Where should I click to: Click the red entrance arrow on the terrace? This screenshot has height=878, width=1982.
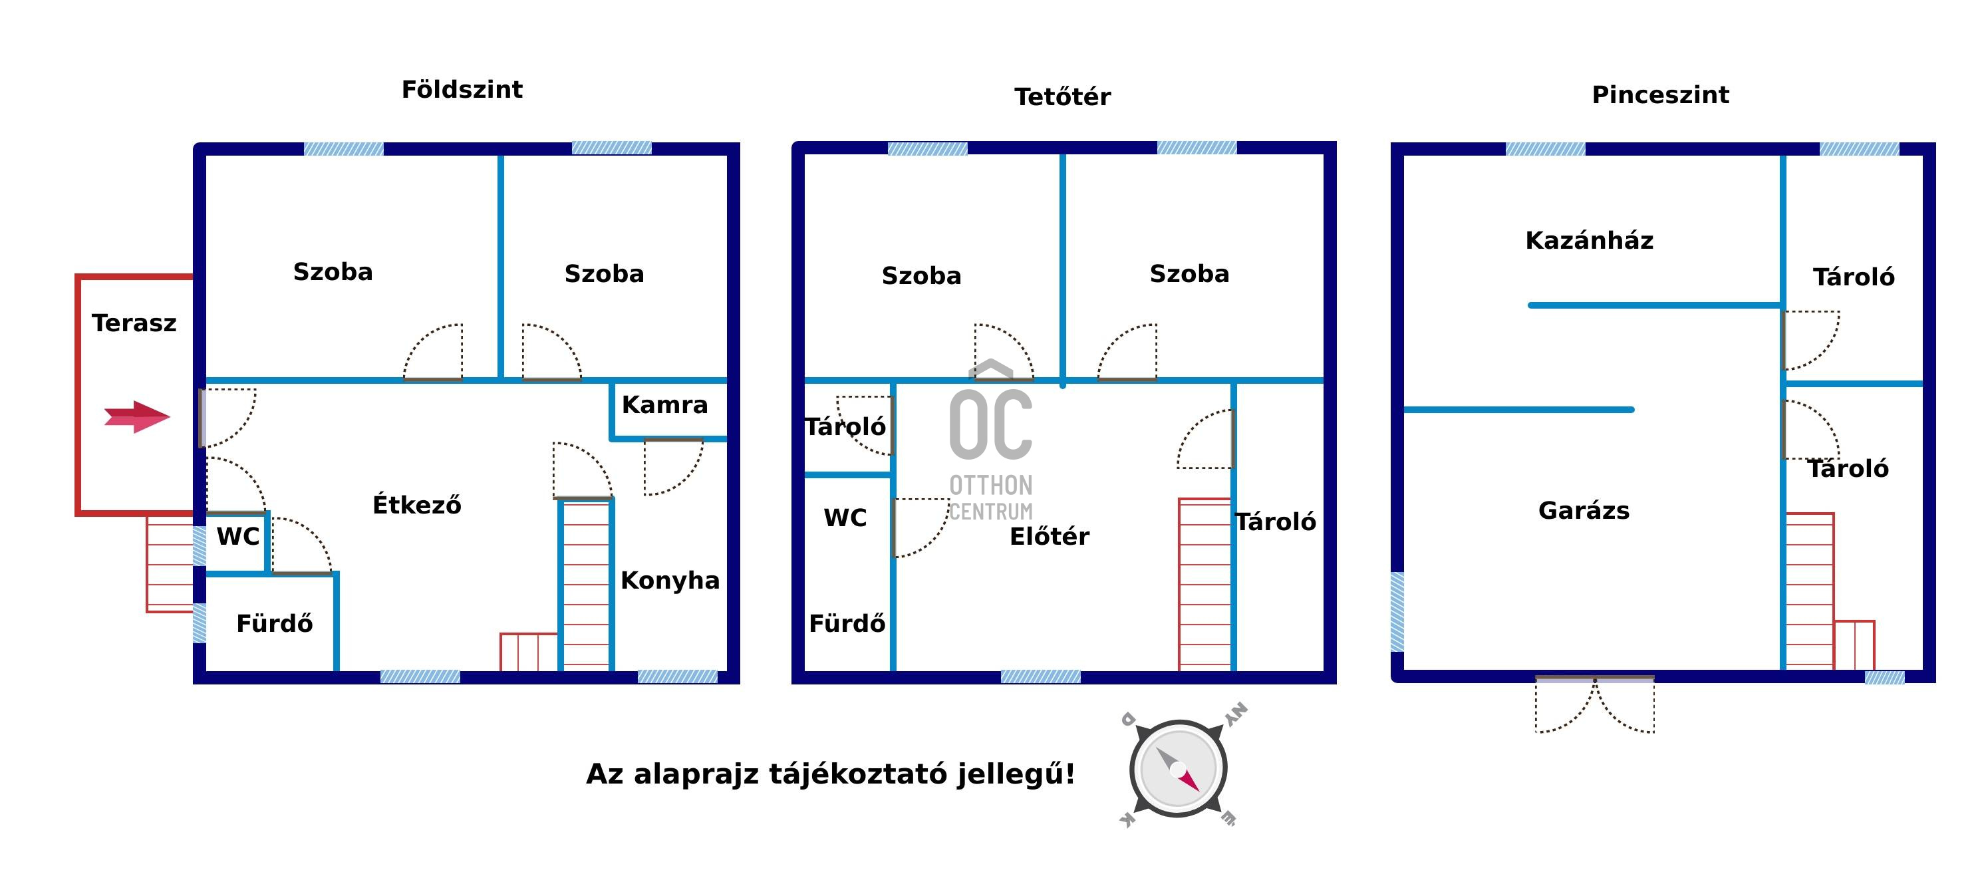[137, 417]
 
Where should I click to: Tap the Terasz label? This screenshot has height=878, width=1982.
[134, 323]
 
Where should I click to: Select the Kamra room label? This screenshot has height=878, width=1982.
[665, 405]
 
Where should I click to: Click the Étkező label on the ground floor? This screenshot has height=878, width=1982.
[416, 505]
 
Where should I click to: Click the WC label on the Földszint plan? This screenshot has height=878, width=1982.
[237, 536]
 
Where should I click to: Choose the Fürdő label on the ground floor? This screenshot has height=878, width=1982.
[275, 623]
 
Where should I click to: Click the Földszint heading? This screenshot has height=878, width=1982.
[462, 90]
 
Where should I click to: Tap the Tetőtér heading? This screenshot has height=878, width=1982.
[1062, 97]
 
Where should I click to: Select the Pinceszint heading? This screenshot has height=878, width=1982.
[1659, 94]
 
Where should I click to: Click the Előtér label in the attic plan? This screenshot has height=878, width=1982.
[1049, 536]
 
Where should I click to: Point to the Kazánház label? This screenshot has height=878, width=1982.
[1589, 241]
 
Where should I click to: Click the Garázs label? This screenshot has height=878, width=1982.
[1584, 511]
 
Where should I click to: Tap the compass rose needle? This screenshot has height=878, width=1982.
[1178, 769]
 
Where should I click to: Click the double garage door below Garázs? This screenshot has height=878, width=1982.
[1594, 704]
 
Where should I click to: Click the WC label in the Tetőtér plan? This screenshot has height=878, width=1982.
[845, 518]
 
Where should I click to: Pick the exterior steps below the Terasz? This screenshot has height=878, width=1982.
[170, 565]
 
